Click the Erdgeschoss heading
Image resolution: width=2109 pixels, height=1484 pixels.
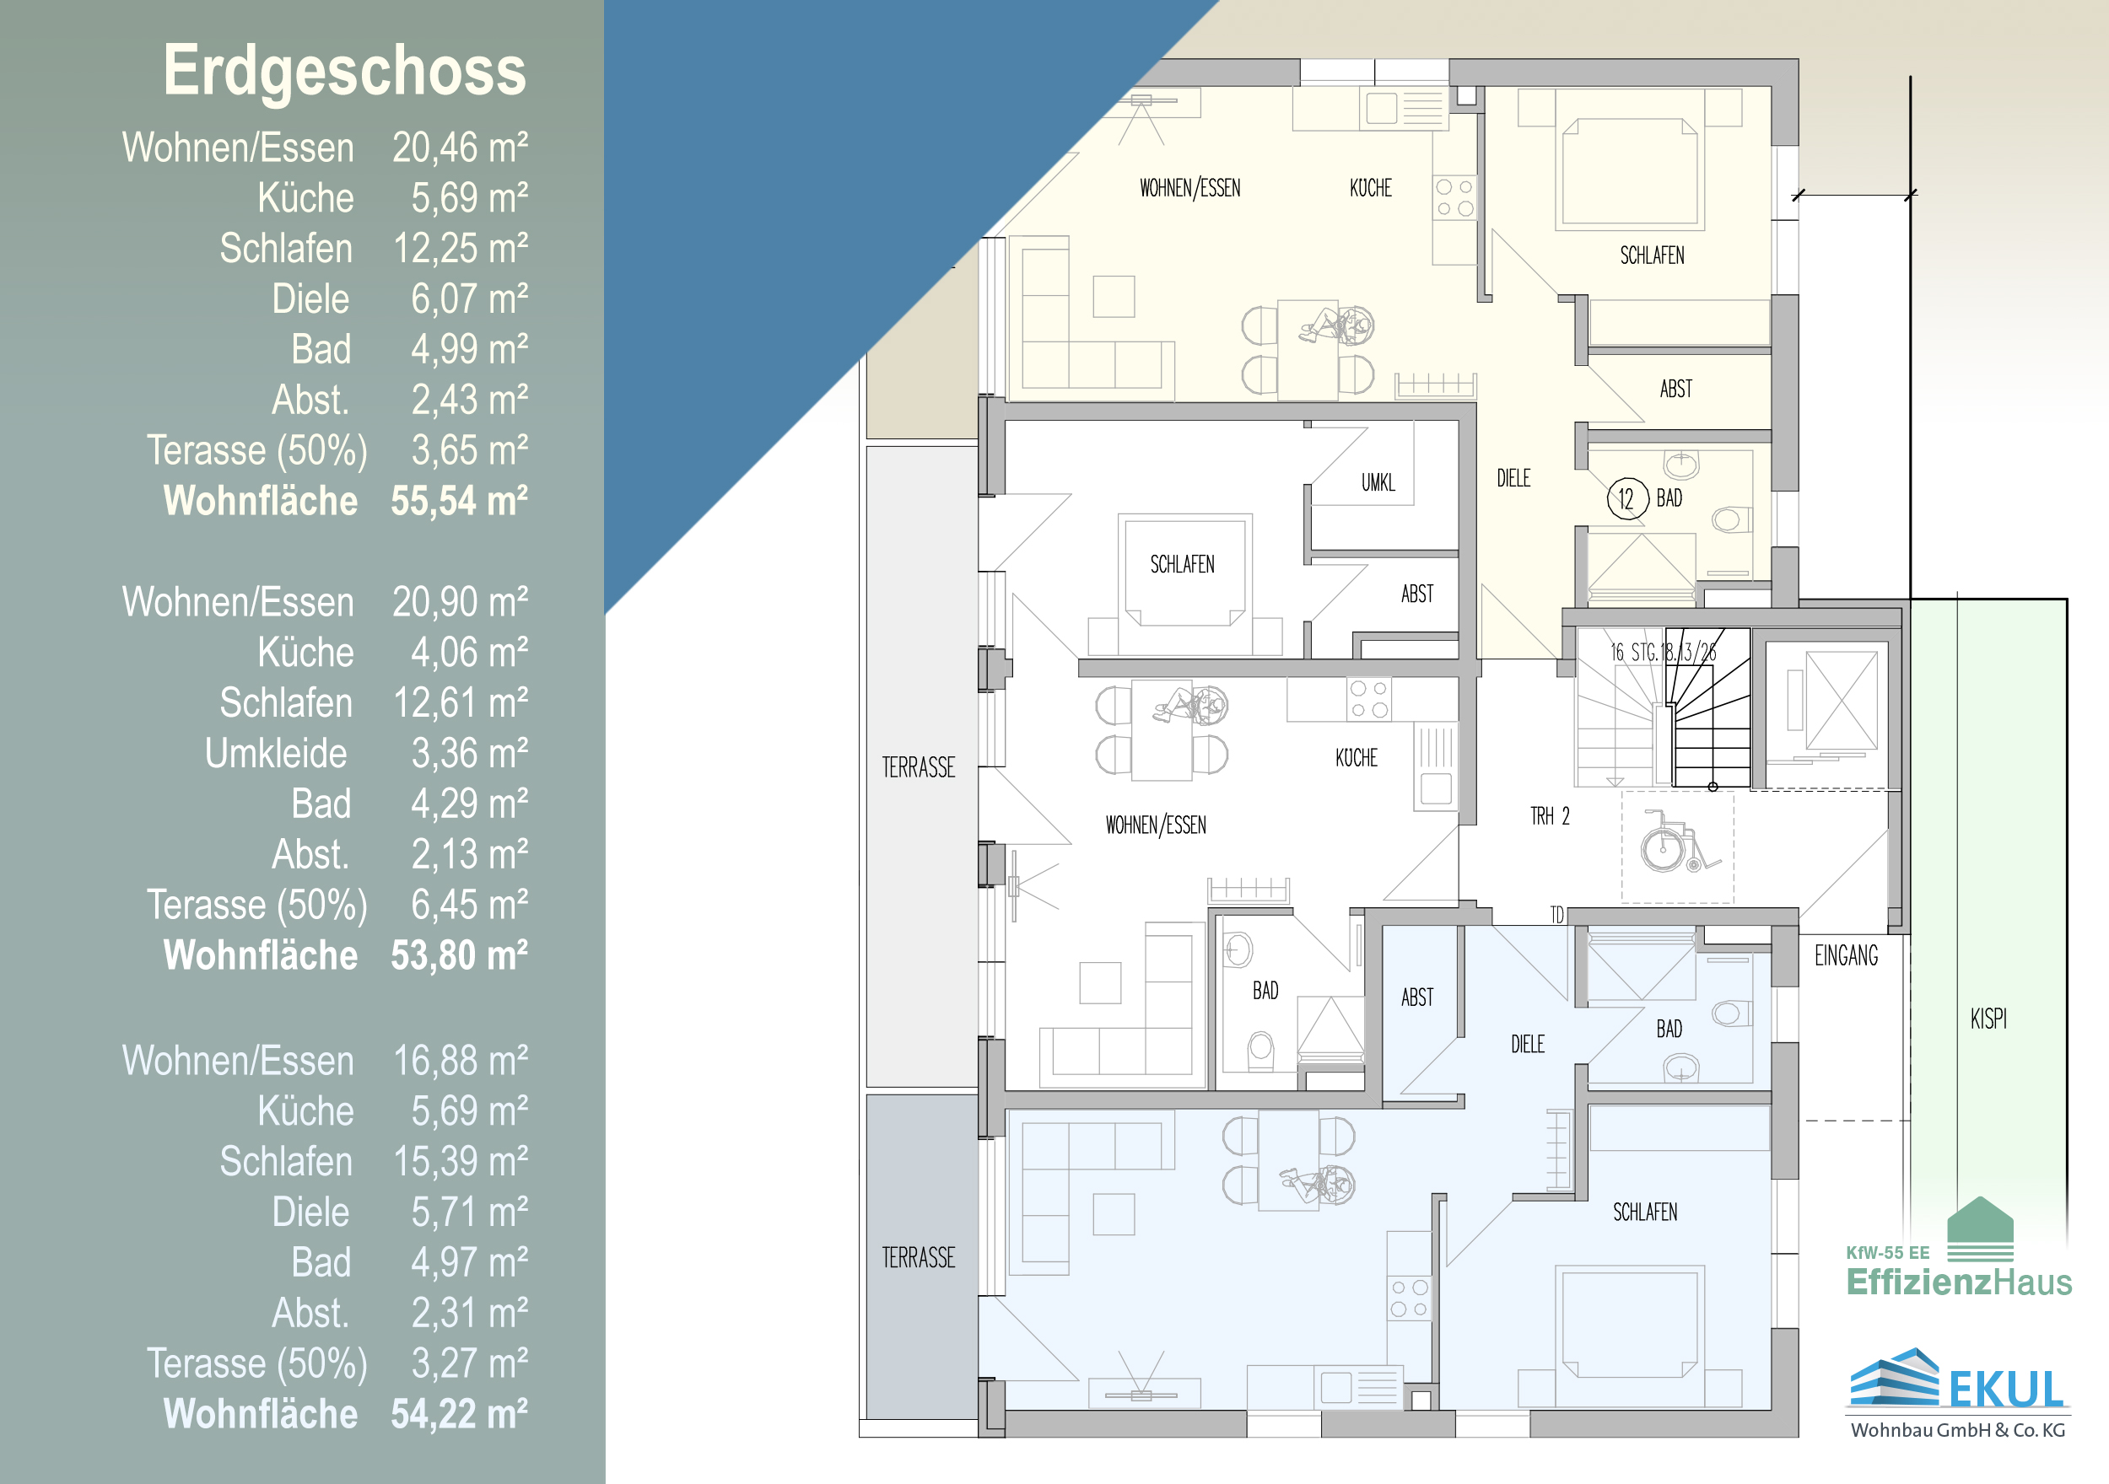point(344,71)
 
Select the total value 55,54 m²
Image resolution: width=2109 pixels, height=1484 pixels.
point(459,502)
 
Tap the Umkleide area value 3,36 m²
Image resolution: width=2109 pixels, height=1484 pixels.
point(469,754)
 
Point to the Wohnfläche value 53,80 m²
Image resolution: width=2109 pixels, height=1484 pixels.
point(459,956)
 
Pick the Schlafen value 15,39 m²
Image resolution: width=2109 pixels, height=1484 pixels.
point(461,1162)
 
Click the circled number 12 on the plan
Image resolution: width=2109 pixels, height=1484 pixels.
point(1626,498)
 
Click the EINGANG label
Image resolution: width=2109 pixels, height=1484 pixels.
point(1847,956)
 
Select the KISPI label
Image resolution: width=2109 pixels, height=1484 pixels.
point(1988,1019)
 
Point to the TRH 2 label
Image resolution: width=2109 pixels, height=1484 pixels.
point(1550,815)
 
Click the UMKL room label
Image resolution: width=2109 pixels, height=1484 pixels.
point(1378,482)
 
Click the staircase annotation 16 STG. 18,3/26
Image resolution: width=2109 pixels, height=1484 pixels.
point(1663,652)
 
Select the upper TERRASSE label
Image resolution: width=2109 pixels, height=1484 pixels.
point(919,767)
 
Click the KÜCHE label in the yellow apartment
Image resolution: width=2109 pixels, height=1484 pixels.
point(1371,188)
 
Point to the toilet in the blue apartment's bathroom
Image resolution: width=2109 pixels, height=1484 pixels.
point(1728,1014)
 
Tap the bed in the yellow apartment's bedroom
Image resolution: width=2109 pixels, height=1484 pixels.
point(1631,172)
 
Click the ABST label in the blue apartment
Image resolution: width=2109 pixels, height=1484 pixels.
point(1417,997)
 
